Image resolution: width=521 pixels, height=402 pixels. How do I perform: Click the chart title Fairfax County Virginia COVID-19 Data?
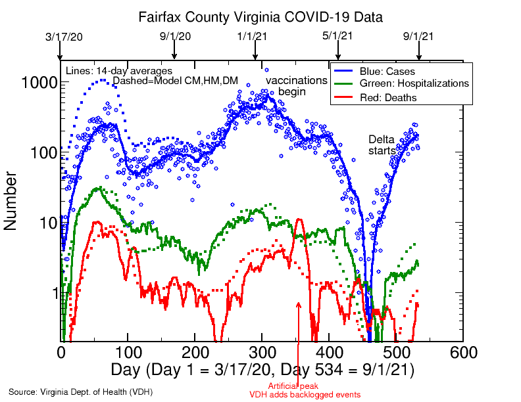pyautogui.click(x=260, y=16)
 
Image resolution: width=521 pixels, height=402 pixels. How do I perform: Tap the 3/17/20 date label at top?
pyautogui.click(x=61, y=37)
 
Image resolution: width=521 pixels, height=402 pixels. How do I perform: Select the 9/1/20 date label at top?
pyautogui.click(x=174, y=37)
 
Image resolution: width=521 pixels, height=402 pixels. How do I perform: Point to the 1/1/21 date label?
pyautogui.click(x=255, y=37)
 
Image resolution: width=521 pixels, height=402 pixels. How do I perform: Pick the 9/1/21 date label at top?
pyautogui.click(x=419, y=37)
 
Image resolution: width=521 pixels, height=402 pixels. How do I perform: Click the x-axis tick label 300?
pyautogui.click(x=262, y=352)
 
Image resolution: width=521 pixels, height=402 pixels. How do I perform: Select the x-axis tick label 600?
pyautogui.click(x=449, y=352)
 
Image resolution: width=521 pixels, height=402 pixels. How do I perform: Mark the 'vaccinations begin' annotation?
pyautogui.click(x=296, y=85)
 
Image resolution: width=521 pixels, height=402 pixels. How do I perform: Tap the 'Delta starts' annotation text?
pyautogui.click(x=382, y=145)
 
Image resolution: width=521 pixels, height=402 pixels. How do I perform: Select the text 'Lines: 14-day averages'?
pyautogui.click(x=119, y=70)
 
